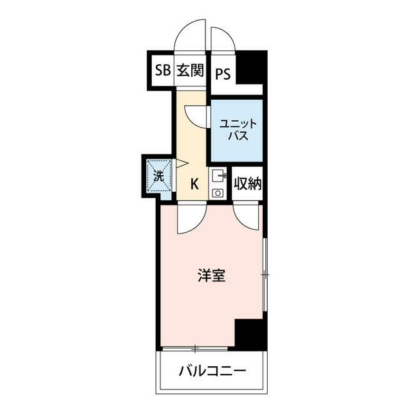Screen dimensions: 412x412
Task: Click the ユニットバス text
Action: click(236, 129)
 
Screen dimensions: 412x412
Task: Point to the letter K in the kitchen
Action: click(194, 184)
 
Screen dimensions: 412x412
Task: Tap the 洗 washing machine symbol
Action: click(158, 174)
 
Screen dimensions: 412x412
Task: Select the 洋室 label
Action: click(211, 276)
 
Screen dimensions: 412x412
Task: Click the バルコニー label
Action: click(212, 372)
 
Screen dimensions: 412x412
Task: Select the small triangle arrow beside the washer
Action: click(182, 165)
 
